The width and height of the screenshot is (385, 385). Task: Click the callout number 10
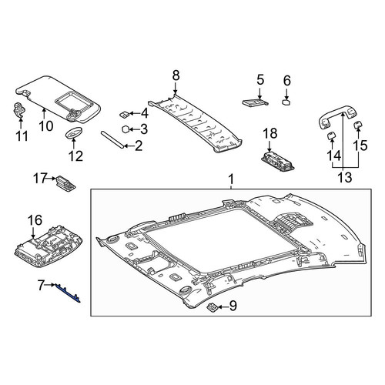46,126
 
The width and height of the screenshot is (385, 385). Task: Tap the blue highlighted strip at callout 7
67,294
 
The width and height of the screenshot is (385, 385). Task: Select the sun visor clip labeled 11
18,109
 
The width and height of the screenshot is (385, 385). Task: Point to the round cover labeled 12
74,132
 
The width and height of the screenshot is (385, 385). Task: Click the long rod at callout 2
112,139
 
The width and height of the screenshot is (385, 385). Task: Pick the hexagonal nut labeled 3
126,129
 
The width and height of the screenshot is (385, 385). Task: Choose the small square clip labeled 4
125,114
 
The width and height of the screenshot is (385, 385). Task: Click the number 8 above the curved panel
176,75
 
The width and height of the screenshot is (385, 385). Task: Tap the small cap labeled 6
286,102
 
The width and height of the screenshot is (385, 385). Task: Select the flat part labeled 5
256,102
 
